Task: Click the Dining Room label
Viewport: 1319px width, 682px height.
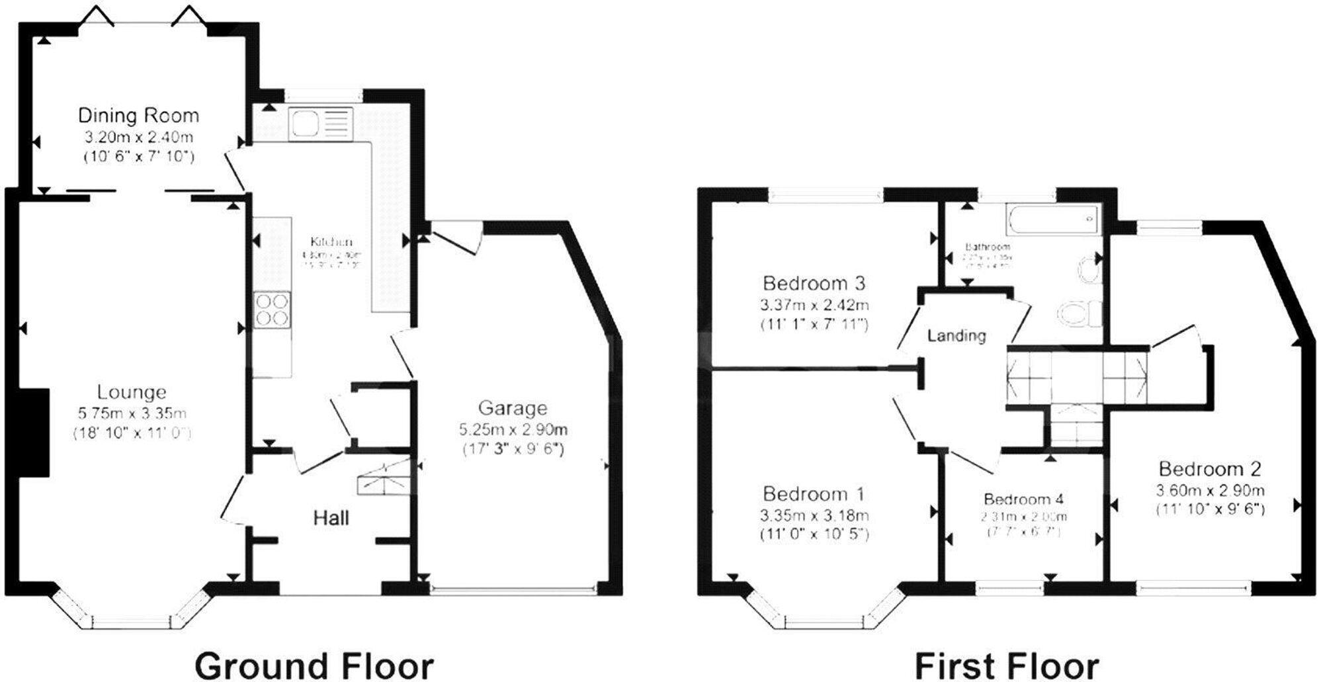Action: [138, 116]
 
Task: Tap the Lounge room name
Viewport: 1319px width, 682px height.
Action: [132, 392]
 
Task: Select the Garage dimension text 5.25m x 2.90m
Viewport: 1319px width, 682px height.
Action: [513, 429]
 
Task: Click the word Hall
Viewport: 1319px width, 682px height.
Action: [331, 517]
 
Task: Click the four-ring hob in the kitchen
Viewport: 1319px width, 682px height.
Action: [272, 310]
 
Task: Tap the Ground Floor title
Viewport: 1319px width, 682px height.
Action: [314, 665]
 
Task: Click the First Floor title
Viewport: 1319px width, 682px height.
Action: [1007, 665]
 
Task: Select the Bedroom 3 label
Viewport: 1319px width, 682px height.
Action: [814, 284]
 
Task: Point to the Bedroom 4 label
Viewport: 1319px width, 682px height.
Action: [1023, 499]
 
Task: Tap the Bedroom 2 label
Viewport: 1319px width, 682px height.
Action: [1210, 469]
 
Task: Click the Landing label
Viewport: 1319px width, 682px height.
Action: [957, 335]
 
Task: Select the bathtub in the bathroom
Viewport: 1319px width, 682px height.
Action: [1052, 219]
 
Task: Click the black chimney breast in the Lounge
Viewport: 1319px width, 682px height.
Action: [34, 432]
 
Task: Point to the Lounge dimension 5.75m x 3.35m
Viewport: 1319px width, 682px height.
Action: [132, 413]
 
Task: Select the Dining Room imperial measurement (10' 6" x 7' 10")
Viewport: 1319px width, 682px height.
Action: [138, 157]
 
